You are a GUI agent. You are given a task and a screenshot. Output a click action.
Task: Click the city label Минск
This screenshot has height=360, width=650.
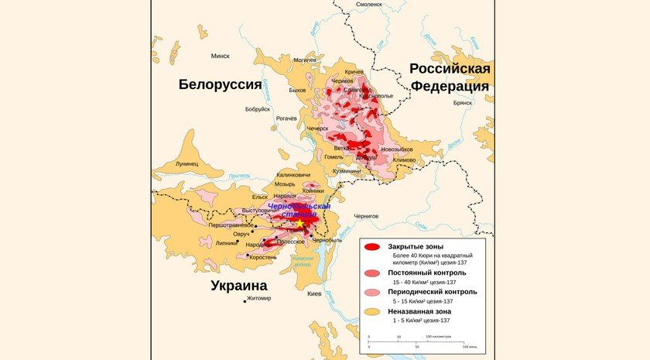tap(220, 56)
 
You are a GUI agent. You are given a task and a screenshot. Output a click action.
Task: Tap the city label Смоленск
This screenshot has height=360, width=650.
tap(369, 5)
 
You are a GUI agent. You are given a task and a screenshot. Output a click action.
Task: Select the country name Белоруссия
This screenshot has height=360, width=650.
tap(220, 84)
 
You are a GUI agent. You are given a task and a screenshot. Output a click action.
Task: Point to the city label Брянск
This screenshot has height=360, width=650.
tap(463, 102)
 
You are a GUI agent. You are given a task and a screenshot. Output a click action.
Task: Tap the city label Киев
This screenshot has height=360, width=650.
tap(314, 294)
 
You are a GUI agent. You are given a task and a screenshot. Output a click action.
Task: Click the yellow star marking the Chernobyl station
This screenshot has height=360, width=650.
tap(299, 223)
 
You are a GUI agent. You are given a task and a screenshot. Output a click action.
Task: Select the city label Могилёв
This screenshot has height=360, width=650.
tap(305, 60)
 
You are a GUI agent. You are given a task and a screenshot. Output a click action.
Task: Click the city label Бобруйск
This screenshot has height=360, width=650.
tap(258, 109)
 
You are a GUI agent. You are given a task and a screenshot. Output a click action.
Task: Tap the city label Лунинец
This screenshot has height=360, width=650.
tap(186, 164)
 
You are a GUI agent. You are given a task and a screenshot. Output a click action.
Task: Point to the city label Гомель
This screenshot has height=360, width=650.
tap(334, 156)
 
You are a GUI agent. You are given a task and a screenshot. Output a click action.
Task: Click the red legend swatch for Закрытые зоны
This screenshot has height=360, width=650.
tap(372, 247)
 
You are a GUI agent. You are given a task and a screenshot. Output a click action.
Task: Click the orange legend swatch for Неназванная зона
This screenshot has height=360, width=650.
tap(372, 311)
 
